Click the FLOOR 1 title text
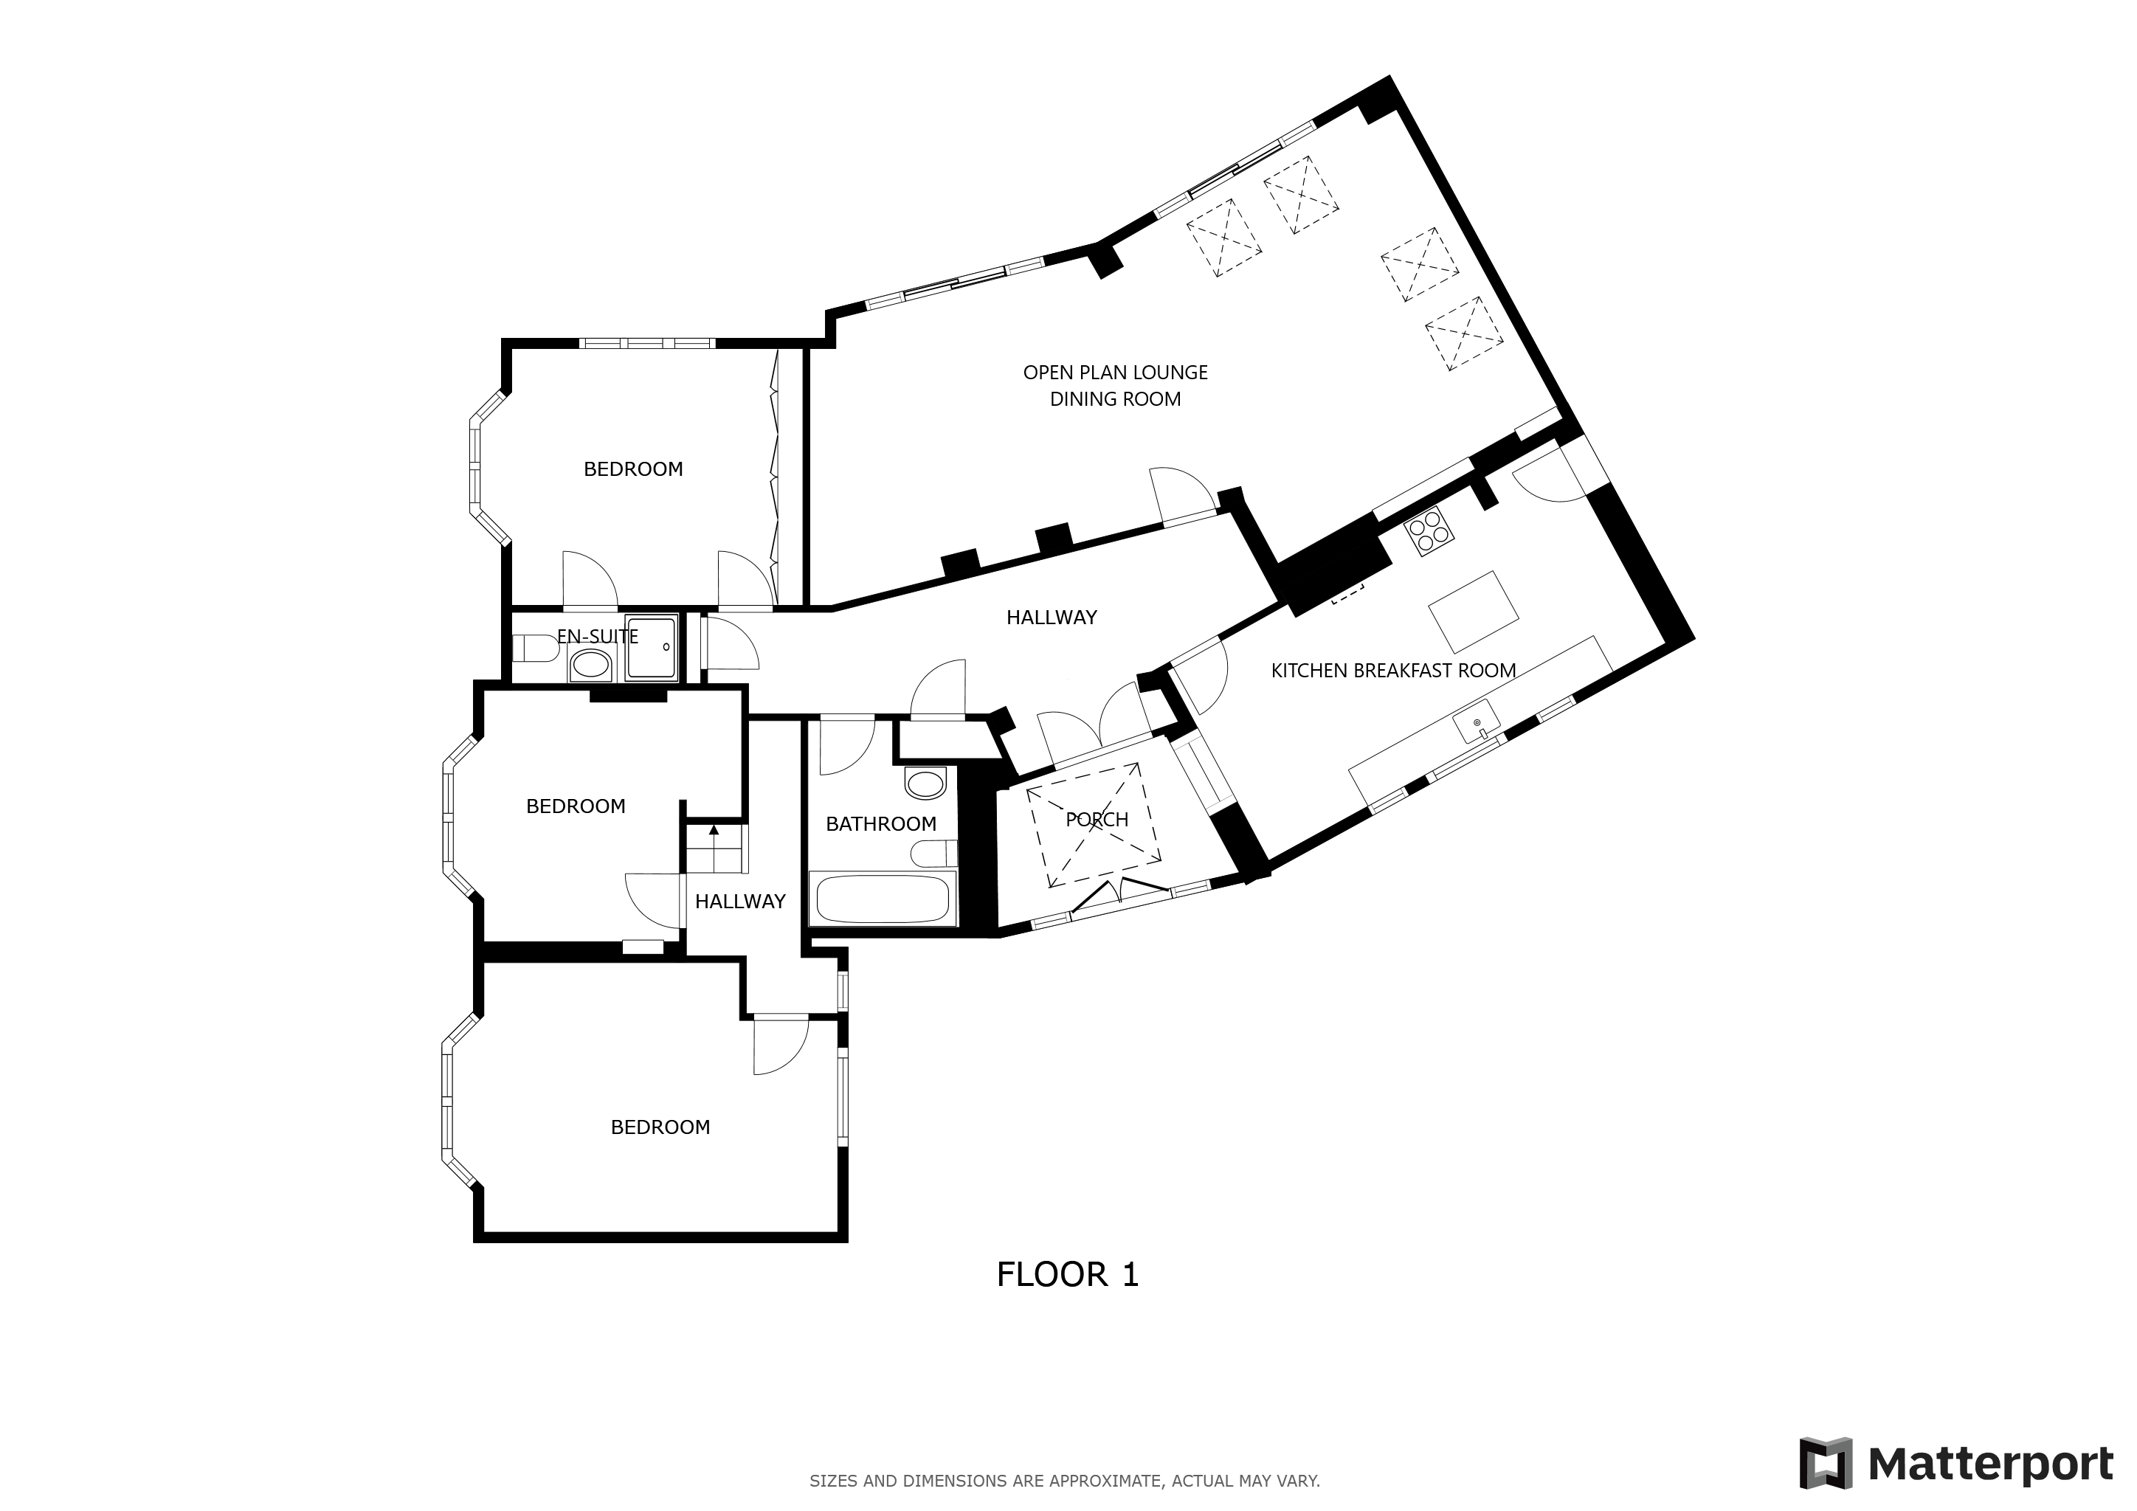coord(1068,1275)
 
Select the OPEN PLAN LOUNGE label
coord(1115,373)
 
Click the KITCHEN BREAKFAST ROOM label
coord(1393,671)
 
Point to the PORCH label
coord(1097,820)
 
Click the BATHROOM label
coord(880,824)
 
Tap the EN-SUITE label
coord(598,637)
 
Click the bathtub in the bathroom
coord(883,898)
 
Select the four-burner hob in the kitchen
coord(1428,531)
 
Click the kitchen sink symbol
coord(1477,723)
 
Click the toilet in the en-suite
coord(534,648)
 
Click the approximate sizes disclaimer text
coord(1065,1480)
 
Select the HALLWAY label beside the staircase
coord(740,902)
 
